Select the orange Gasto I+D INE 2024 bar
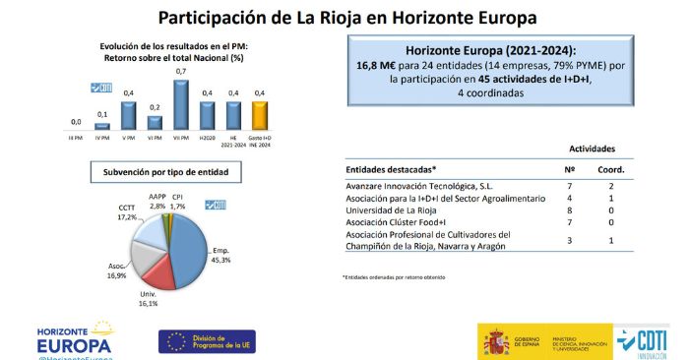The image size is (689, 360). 259,116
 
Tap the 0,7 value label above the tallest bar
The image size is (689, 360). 181,72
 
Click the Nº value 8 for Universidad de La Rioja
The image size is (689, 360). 571,210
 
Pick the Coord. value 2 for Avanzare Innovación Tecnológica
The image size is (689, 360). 613,184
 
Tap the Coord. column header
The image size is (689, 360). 613,168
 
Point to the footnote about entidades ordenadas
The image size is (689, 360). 395,276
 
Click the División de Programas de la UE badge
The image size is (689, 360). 208,341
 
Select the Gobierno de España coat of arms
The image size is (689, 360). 493,341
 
